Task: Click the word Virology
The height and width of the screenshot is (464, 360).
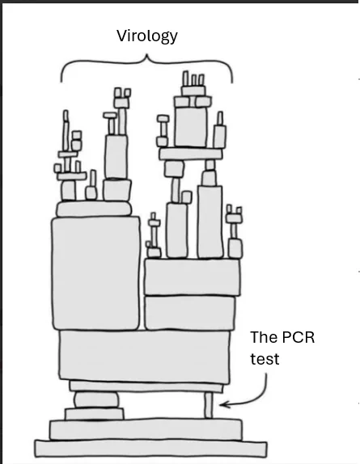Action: (x=147, y=36)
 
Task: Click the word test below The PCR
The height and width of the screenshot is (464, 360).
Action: (x=265, y=359)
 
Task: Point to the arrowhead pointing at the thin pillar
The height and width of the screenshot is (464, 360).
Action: (x=224, y=404)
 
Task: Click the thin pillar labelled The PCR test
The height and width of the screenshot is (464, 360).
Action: (x=209, y=405)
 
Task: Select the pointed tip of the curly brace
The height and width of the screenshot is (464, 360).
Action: (x=146, y=55)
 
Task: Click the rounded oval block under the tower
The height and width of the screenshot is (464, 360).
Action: (x=96, y=400)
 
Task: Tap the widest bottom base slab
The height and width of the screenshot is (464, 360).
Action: (x=150, y=449)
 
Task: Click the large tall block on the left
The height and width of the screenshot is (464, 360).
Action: (x=95, y=273)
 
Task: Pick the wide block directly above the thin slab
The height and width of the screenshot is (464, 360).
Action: (x=144, y=356)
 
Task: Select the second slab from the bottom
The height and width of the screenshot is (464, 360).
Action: (x=146, y=429)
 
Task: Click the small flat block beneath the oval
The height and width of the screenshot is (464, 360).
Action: (x=95, y=414)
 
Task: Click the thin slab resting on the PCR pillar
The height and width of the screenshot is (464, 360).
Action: (x=146, y=386)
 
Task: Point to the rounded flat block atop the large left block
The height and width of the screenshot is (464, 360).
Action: (x=94, y=209)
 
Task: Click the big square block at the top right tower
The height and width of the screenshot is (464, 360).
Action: (x=191, y=126)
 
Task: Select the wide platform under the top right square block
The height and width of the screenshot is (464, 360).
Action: (x=190, y=154)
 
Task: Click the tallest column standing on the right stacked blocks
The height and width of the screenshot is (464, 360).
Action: (x=210, y=221)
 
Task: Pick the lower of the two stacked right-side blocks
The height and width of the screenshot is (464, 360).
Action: (x=190, y=313)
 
